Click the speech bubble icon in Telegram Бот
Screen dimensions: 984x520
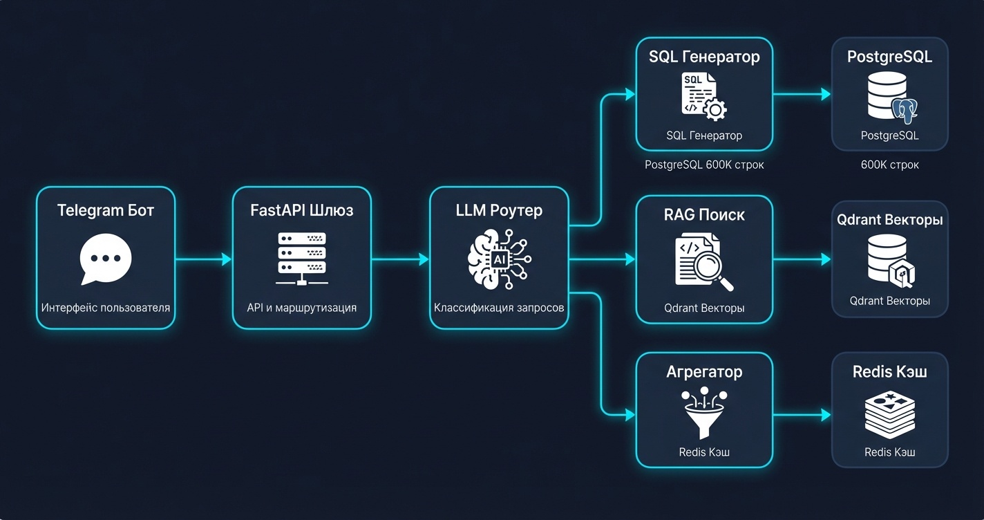[106, 259]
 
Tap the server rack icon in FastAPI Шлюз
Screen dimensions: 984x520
[302, 259]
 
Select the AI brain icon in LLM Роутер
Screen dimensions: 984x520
[500, 259]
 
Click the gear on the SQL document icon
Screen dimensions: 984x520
[715, 109]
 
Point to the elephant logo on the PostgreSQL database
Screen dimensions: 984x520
[905, 111]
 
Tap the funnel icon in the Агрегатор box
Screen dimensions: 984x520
[704, 413]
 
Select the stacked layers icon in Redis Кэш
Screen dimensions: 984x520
[890, 415]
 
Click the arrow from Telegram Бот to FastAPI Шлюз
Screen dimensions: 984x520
[203, 259]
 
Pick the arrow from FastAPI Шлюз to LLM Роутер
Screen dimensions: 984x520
[400, 259]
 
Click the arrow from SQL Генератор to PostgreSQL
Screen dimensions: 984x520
[802, 94]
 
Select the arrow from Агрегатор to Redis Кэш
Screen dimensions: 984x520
[802, 414]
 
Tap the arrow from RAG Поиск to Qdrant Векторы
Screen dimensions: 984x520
[802, 259]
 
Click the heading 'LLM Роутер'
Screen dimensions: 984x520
[499, 210]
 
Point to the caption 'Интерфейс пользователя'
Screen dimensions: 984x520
[106, 308]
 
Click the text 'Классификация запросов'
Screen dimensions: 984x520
[499, 308]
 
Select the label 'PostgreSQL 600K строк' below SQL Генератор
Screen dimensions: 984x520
[704, 165]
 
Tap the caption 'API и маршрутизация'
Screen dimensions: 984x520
[302, 308]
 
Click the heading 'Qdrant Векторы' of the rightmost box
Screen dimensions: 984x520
[890, 219]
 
